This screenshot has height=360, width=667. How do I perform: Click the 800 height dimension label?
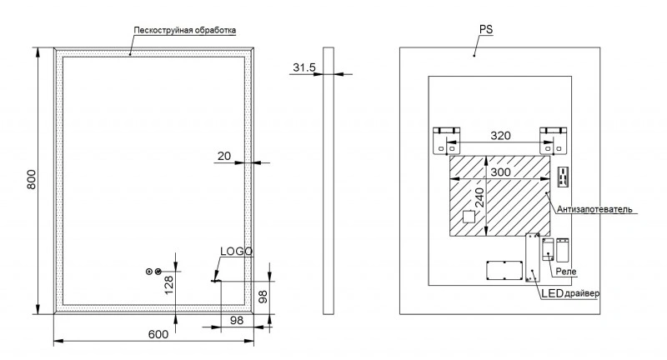[32, 181]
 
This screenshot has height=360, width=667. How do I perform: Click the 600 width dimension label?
[158, 334]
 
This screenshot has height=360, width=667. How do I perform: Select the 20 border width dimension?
[224, 155]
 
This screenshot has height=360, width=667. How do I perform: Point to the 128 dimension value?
[169, 285]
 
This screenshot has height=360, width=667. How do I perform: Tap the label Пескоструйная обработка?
[185, 31]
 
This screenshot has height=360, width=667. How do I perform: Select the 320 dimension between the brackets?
[500, 135]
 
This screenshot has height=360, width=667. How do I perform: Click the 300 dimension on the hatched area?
[500, 172]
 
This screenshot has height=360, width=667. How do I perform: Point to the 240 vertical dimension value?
[479, 200]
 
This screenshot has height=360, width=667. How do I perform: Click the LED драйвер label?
[569, 294]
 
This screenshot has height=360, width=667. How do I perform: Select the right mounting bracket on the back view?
[554, 139]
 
